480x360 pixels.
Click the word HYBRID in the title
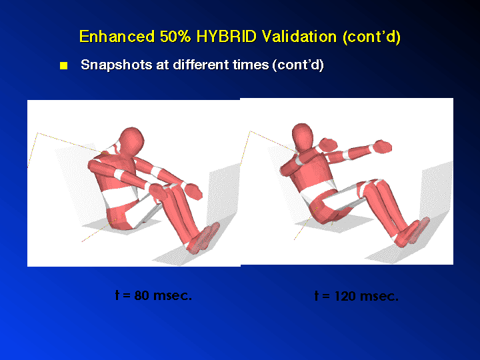(x=226, y=37)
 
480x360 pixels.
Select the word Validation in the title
(x=299, y=37)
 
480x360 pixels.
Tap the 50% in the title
(x=175, y=37)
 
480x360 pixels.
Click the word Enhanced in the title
(x=117, y=37)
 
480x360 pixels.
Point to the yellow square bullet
(x=64, y=65)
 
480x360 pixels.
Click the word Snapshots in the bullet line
(x=116, y=65)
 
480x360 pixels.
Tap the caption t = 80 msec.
(x=153, y=295)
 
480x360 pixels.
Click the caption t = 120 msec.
(x=357, y=296)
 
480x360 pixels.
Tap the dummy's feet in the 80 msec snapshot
(x=203, y=238)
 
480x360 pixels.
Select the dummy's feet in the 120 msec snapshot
(x=412, y=232)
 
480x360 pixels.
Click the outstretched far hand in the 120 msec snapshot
(x=383, y=146)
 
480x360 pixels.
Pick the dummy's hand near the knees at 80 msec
(x=193, y=191)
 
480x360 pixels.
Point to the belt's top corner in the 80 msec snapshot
(x=37, y=133)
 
